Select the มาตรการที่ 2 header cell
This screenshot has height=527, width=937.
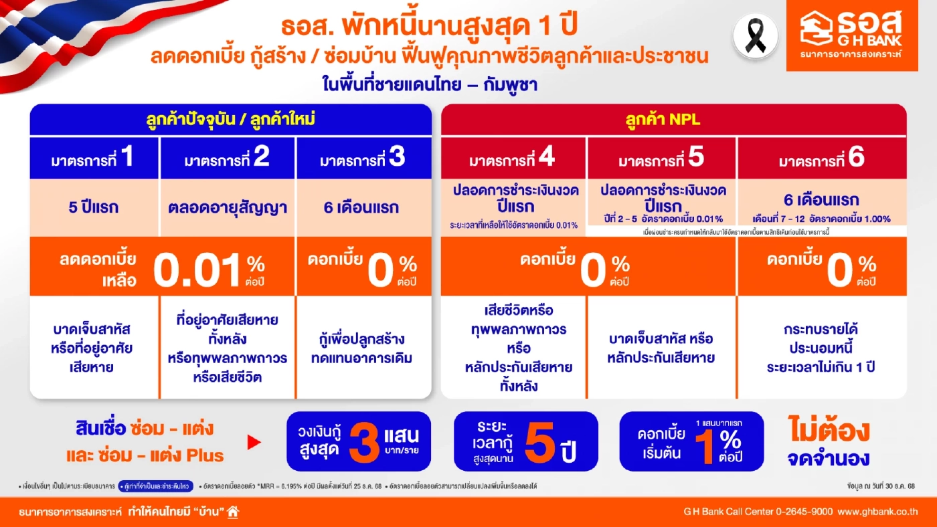[228, 159]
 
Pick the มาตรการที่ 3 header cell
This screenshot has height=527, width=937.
[363, 159]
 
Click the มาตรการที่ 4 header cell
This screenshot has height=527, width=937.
[513, 159]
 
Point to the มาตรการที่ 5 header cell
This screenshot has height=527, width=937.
[661, 159]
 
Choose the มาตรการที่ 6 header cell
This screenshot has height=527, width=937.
[822, 159]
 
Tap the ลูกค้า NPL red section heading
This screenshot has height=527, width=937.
[673, 120]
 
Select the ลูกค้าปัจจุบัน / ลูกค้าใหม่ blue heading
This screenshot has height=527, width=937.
[231, 120]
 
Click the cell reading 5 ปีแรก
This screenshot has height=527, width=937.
[94, 207]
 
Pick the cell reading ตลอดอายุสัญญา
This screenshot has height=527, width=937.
[227, 207]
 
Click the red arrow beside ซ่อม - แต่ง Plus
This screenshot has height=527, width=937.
[253, 442]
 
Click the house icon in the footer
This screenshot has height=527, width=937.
[233, 512]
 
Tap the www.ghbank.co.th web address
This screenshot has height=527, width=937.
[877, 512]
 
